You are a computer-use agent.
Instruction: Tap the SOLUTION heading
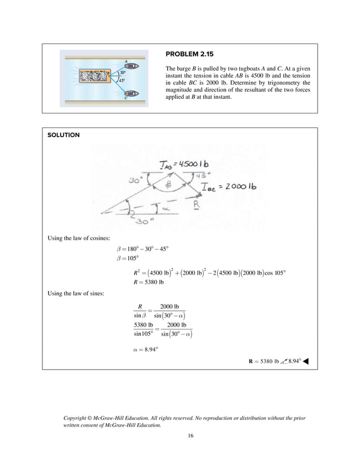tap(63, 135)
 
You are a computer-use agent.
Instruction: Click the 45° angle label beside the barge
tap(122, 81)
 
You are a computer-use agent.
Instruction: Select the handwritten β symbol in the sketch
tap(168, 185)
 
